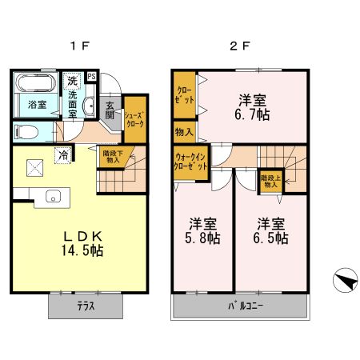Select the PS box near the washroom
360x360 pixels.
click(93, 78)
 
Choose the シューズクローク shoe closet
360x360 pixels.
click(134, 120)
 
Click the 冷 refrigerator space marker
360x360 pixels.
click(62, 155)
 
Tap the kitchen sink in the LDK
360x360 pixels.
click(55, 196)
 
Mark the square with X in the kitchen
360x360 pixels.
click(35, 167)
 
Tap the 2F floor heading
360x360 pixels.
click(240, 46)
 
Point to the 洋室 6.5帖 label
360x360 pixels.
click(271, 233)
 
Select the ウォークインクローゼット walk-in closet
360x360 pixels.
click(190, 162)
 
